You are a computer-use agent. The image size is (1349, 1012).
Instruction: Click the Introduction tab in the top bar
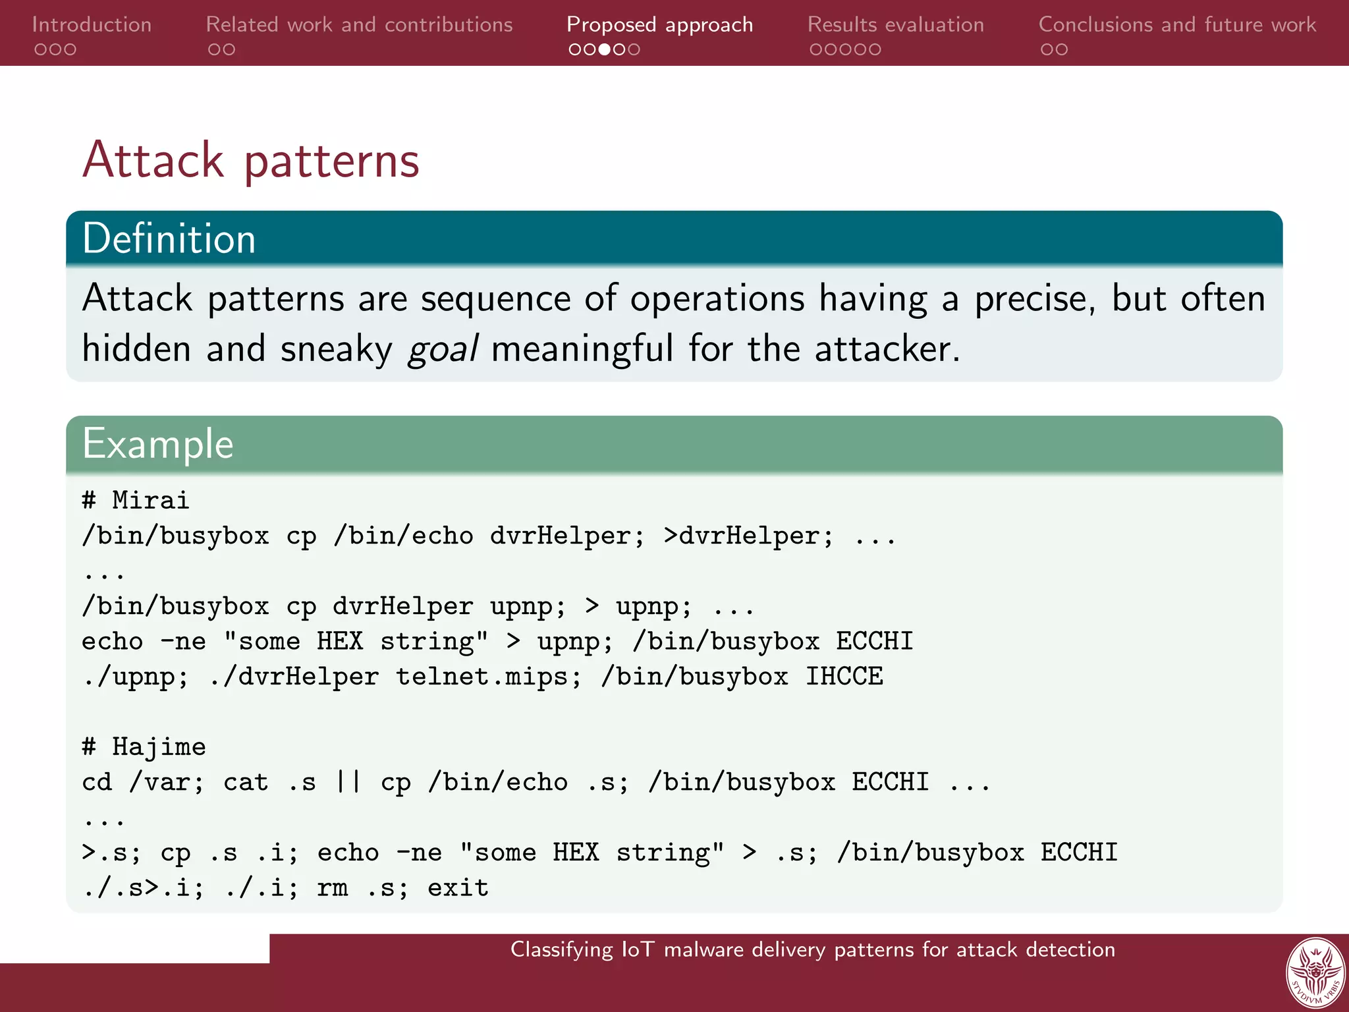tap(92, 25)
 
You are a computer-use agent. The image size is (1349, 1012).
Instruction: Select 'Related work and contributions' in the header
tap(359, 25)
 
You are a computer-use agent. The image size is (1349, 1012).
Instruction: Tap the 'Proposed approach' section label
tap(659, 25)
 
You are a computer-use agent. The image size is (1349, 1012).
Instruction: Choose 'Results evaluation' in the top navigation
tap(895, 25)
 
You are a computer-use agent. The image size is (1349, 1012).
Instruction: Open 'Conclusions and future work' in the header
tap(1176, 25)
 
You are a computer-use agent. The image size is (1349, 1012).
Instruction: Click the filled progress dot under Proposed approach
tap(604, 49)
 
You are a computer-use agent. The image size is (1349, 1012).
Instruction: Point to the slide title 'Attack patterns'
tap(251, 160)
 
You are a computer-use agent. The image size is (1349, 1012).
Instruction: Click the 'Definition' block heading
tap(169, 239)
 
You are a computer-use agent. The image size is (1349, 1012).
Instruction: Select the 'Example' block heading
tap(158, 444)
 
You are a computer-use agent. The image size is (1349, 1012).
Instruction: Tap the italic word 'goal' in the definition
tap(443, 349)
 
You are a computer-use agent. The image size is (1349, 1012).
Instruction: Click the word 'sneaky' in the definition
tap(336, 349)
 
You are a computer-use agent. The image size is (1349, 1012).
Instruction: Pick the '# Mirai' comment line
tap(136, 501)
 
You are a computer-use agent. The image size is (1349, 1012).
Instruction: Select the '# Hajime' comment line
tap(144, 747)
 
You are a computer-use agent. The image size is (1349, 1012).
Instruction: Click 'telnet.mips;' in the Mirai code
tap(488, 677)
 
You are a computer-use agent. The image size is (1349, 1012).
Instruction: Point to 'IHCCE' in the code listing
tap(844, 677)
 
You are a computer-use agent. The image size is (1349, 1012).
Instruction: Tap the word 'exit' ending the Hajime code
tap(458, 888)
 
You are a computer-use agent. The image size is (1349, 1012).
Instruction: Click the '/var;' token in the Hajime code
tap(167, 783)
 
